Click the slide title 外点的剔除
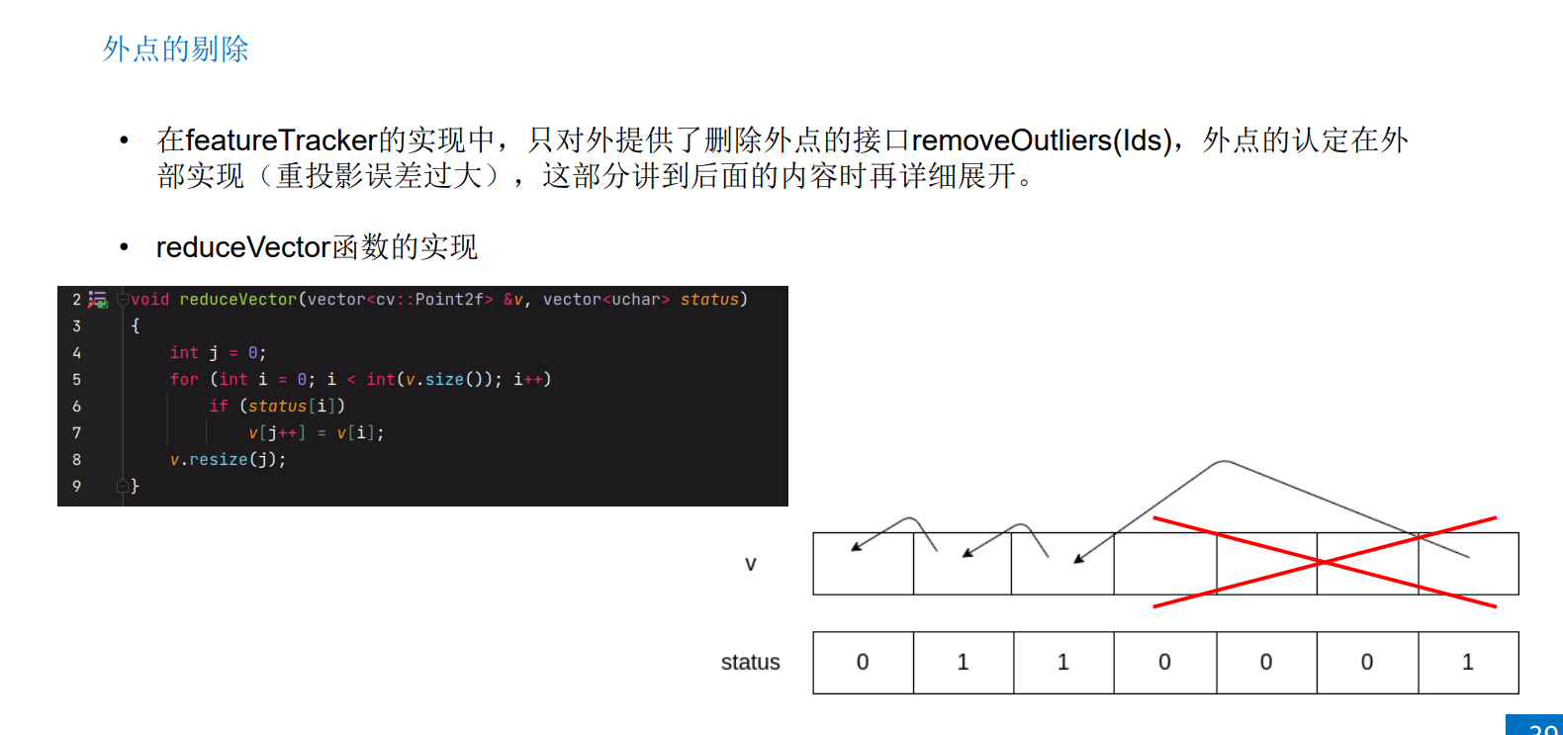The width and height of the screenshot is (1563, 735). tap(175, 48)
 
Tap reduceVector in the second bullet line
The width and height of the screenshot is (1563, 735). tap(242, 247)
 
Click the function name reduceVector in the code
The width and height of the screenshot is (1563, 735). tap(237, 299)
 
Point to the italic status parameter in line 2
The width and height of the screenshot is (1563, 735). tap(709, 299)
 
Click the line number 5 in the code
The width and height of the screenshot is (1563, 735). tap(77, 380)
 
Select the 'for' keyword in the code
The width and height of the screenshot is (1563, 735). tap(184, 380)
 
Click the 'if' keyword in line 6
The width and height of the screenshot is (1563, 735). tap(219, 407)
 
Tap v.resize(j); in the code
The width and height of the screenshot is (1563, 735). tap(228, 460)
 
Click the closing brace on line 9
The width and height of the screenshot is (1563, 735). tap(136, 487)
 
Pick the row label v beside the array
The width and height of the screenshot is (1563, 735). tap(750, 564)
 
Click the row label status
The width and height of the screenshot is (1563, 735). tap(750, 663)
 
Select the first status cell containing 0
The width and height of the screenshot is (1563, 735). tap(863, 663)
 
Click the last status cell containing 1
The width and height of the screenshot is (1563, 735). tap(1468, 663)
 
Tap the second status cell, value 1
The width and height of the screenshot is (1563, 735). tap(963, 663)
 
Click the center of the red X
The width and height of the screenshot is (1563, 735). tap(1324, 562)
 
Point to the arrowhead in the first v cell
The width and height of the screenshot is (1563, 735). tap(855, 547)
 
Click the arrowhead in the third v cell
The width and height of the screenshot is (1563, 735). tap(1078, 559)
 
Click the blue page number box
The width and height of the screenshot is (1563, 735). tap(1535, 725)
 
